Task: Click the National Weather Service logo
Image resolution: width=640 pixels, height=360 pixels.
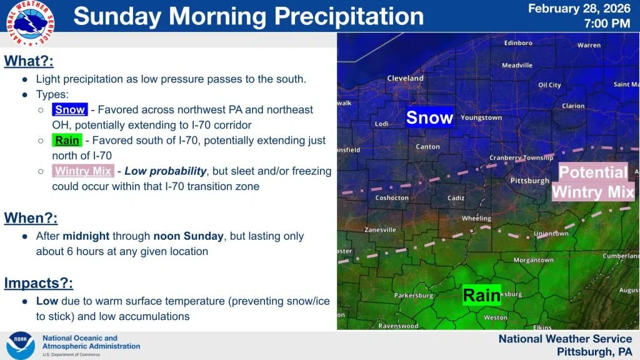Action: pos(30,23)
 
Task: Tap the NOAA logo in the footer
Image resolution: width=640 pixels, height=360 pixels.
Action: pos(21,345)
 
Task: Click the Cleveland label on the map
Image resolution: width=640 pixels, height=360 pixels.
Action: pos(405,78)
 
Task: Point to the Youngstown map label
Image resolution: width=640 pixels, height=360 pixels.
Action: pos(481,117)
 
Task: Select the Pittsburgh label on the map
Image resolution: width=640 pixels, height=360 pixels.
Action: pos(530,181)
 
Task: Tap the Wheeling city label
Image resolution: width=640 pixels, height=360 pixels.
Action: pos(476,218)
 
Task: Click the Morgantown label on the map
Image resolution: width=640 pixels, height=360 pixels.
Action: pos(534,260)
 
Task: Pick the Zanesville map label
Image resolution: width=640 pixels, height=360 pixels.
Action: pos(380,230)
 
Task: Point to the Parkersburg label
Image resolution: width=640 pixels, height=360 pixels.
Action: pos(414,295)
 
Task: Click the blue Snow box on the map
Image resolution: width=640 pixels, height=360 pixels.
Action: pos(430,117)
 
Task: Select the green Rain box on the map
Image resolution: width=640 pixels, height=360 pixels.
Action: pos(482,295)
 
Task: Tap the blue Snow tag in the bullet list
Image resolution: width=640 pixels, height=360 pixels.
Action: pos(70,109)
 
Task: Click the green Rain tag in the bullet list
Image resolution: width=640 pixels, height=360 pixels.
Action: pos(67,141)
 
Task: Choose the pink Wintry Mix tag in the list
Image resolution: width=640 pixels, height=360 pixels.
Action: pos(83,171)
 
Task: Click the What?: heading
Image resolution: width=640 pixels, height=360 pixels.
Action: pos(29,61)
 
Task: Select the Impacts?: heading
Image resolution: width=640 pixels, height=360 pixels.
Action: pos(38,283)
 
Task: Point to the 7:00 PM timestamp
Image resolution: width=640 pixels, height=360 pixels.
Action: pos(607,24)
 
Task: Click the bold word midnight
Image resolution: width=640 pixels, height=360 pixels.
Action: pos(86,236)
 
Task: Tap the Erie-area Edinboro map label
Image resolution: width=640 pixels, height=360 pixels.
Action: pos(518,43)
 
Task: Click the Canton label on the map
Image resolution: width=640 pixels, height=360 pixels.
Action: pos(427,146)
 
